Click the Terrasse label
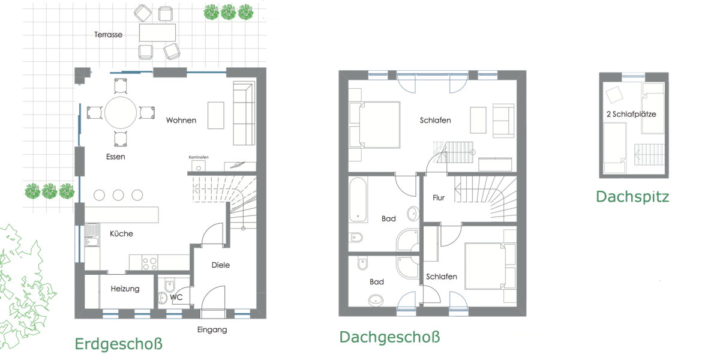(108, 35)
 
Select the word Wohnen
(181, 121)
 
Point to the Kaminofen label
(199, 157)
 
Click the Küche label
(121, 233)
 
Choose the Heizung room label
(125, 289)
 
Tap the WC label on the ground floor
(176, 296)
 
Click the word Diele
(221, 265)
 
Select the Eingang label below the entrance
(212, 329)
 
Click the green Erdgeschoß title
(118, 344)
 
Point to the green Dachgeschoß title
(389, 337)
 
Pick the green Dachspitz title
(632, 196)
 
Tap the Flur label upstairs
(439, 197)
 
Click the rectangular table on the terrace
(157, 32)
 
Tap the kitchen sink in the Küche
(92, 235)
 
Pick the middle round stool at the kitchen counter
(118, 194)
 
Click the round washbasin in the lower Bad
(376, 300)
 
